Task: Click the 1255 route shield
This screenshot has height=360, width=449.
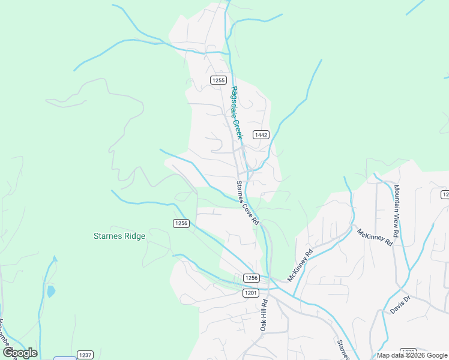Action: coord(218,80)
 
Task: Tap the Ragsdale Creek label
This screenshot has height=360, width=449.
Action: coord(237,113)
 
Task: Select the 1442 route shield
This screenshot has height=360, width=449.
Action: coord(261,135)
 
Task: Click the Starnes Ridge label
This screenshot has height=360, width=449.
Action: coord(119,236)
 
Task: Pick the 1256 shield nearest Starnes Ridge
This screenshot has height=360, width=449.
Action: coord(181,223)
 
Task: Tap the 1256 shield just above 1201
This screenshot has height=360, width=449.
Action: coord(252,278)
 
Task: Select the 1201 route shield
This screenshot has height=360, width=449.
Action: coord(251,293)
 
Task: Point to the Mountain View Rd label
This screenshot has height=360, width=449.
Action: coord(397,209)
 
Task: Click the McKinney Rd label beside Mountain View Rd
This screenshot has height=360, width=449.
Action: coord(375,237)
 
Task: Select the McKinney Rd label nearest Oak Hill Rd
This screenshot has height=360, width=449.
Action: coord(301,265)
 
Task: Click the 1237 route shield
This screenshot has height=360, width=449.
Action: coord(85,355)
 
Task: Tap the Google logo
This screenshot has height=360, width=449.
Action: coord(20,353)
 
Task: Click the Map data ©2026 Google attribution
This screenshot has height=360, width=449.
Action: coord(411,355)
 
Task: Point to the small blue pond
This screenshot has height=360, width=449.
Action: coord(50,292)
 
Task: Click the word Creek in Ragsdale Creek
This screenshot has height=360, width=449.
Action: coord(238,125)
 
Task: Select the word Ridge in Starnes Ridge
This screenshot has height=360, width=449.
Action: coord(134,236)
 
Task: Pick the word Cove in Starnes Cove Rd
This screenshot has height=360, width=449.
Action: coord(247,205)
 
